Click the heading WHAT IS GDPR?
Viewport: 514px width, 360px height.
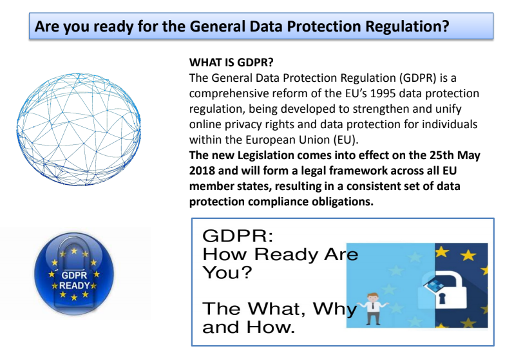click(231, 63)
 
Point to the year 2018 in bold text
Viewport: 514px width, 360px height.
click(205, 171)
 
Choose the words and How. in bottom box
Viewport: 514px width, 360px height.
click(249, 328)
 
